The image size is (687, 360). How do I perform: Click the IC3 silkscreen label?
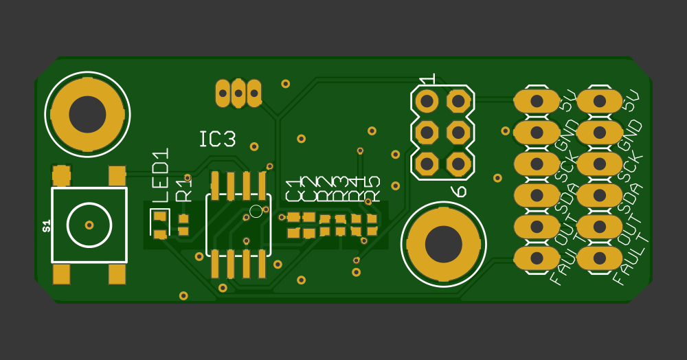[217, 139]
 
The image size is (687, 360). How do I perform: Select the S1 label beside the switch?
[47, 225]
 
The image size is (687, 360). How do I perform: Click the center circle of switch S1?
[89, 225]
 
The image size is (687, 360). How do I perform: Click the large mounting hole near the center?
[443, 243]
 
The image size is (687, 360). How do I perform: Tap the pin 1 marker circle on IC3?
[256, 211]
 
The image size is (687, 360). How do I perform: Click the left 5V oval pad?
[537, 102]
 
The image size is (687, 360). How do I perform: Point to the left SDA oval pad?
[537, 196]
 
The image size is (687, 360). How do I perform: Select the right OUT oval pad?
[600, 227]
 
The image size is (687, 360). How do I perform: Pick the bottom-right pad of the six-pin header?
[457, 164]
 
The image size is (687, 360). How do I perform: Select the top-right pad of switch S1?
[117, 175]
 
